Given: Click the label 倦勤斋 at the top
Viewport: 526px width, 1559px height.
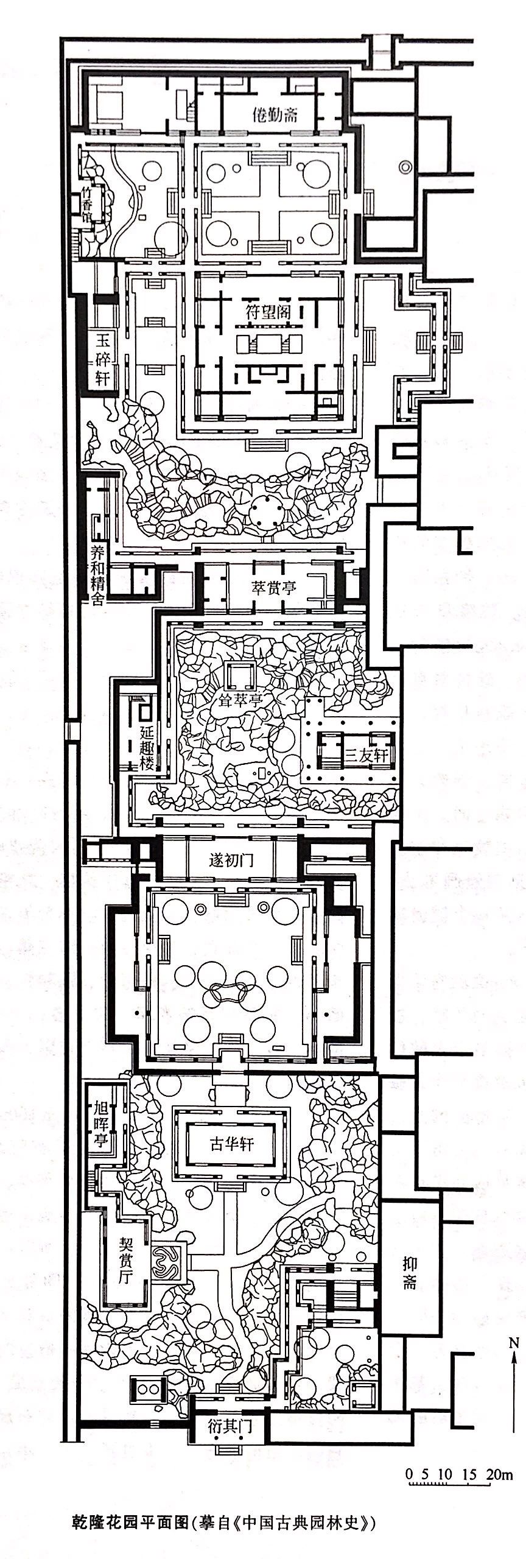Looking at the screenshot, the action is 275,114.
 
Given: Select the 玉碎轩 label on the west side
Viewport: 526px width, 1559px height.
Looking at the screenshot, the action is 102,360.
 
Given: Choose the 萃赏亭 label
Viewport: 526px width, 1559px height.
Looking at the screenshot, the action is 275,588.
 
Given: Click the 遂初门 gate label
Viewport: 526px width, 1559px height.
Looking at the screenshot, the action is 231,860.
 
